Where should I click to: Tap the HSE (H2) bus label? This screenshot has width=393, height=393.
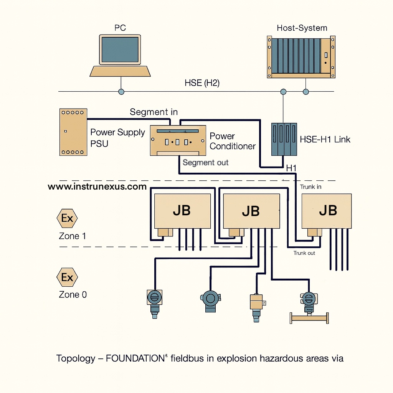[x=202, y=83]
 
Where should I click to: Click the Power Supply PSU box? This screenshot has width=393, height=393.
[x=73, y=132]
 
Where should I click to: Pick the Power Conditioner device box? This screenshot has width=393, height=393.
[x=178, y=141]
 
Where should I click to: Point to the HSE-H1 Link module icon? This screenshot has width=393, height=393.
[x=284, y=139]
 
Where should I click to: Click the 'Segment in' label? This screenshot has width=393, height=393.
[x=154, y=112]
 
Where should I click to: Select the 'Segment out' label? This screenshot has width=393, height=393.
[x=205, y=162]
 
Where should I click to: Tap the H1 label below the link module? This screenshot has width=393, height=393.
[x=292, y=168]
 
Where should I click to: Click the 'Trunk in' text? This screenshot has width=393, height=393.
[x=310, y=187]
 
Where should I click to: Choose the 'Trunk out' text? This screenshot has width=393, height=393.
[x=304, y=253]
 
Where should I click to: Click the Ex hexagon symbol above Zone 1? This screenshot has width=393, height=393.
[x=67, y=218]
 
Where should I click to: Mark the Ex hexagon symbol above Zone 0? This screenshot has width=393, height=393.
[x=67, y=277]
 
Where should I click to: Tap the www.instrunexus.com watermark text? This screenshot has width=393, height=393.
[x=97, y=187]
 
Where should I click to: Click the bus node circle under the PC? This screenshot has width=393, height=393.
[x=121, y=92]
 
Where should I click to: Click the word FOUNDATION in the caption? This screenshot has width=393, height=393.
[x=135, y=358]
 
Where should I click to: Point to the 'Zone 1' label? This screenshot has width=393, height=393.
[x=72, y=236]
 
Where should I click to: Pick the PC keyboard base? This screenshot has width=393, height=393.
[x=120, y=71]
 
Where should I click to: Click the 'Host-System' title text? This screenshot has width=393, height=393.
[x=302, y=28]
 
